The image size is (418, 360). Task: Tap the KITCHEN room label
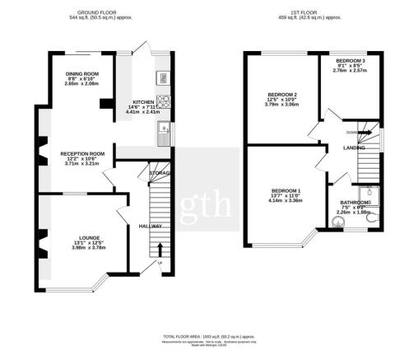[x=144, y=101]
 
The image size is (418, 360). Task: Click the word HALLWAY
[x=150, y=226]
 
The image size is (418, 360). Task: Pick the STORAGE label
[x=160, y=173]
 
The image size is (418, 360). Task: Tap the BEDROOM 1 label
[x=286, y=191]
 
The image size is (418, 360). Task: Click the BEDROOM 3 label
[x=351, y=60]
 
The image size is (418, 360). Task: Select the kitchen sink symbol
[x=165, y=129]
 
